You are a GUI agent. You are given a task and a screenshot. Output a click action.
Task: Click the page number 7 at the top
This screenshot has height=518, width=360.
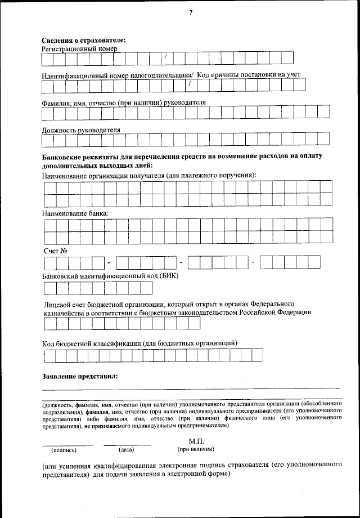pos(191,14)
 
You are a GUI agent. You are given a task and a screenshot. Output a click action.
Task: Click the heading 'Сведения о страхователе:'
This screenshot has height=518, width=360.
pos(84,40)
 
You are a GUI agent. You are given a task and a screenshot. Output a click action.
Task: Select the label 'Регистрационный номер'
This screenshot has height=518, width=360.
pos(79,49)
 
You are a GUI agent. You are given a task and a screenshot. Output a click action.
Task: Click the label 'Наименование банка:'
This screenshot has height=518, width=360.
pos(75,214)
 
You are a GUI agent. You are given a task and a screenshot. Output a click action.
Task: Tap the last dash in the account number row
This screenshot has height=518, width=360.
pos(253,262)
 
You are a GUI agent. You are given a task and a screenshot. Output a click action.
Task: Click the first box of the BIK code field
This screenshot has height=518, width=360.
pos(49,288)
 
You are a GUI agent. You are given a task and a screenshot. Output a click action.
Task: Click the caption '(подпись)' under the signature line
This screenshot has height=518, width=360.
pos(64,450)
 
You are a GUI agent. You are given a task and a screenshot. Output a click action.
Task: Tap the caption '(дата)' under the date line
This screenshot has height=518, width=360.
pos(126,450)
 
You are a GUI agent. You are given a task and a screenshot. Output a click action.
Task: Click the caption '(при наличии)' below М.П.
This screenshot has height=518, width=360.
pos(195,449)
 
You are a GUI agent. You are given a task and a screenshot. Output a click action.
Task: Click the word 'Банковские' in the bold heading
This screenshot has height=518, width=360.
pos(61,156)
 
